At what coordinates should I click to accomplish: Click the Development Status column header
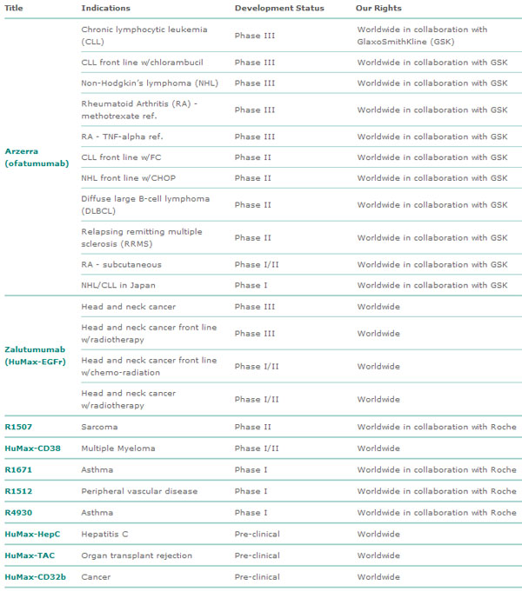coord(279,8)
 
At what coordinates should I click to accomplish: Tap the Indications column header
coord(106,8)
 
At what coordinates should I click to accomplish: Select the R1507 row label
coord(19,427)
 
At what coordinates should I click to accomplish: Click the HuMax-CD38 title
coord(31,448)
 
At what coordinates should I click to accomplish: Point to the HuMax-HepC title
coord(32,535)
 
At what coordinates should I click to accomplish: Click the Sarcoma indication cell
coord(99,427)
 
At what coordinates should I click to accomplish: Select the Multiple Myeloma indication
coord(118,448)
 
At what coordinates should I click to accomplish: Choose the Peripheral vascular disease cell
coord(139,491)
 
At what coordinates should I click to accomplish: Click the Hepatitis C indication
coord(107,535)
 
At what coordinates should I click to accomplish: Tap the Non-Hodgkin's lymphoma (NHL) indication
coord(142,83)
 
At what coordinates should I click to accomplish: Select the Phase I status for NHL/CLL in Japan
coord(251,285)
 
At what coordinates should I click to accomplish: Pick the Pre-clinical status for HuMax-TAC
coord(258,555)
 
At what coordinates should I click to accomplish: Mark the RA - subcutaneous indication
coord(121,264)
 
